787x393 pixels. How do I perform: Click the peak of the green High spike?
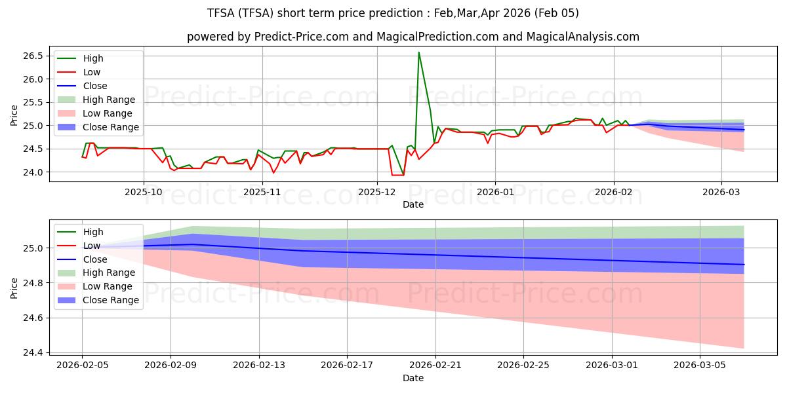pyautogui.click(x=418, y=52)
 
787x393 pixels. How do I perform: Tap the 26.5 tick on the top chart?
pyautogui.click(x=33, y=56)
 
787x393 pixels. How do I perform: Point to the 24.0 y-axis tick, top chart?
pyautogui.click(x=33, y=172)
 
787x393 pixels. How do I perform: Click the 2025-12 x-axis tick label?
pyautogui.click(x=377, y=193)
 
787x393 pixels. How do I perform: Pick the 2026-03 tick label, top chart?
pyautogui.click(x=721, y=193)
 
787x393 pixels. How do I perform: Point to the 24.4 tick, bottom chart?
pyautogui.click(x=33, y=352)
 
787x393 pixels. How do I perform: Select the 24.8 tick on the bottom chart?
pyautogui.click(x=33, y=283)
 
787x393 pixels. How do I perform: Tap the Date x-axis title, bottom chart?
pyautogui.click(x=413, y=378)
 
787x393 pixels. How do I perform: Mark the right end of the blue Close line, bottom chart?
pyautogui.click(x=744, y=265)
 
